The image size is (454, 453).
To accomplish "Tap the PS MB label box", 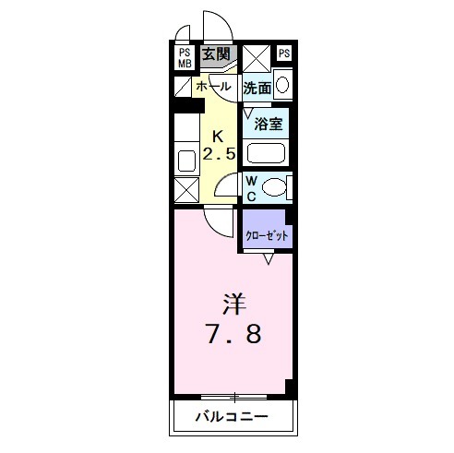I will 185,57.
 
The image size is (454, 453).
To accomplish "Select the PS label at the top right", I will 283,53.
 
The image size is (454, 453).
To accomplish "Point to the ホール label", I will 213,88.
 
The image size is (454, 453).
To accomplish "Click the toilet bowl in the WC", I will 272,188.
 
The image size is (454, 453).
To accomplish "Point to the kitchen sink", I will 185,157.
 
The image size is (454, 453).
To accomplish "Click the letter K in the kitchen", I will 220,133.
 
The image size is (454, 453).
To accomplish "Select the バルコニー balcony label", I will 232,417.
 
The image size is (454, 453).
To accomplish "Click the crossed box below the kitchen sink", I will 185,192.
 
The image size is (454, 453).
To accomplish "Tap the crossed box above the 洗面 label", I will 256,57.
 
